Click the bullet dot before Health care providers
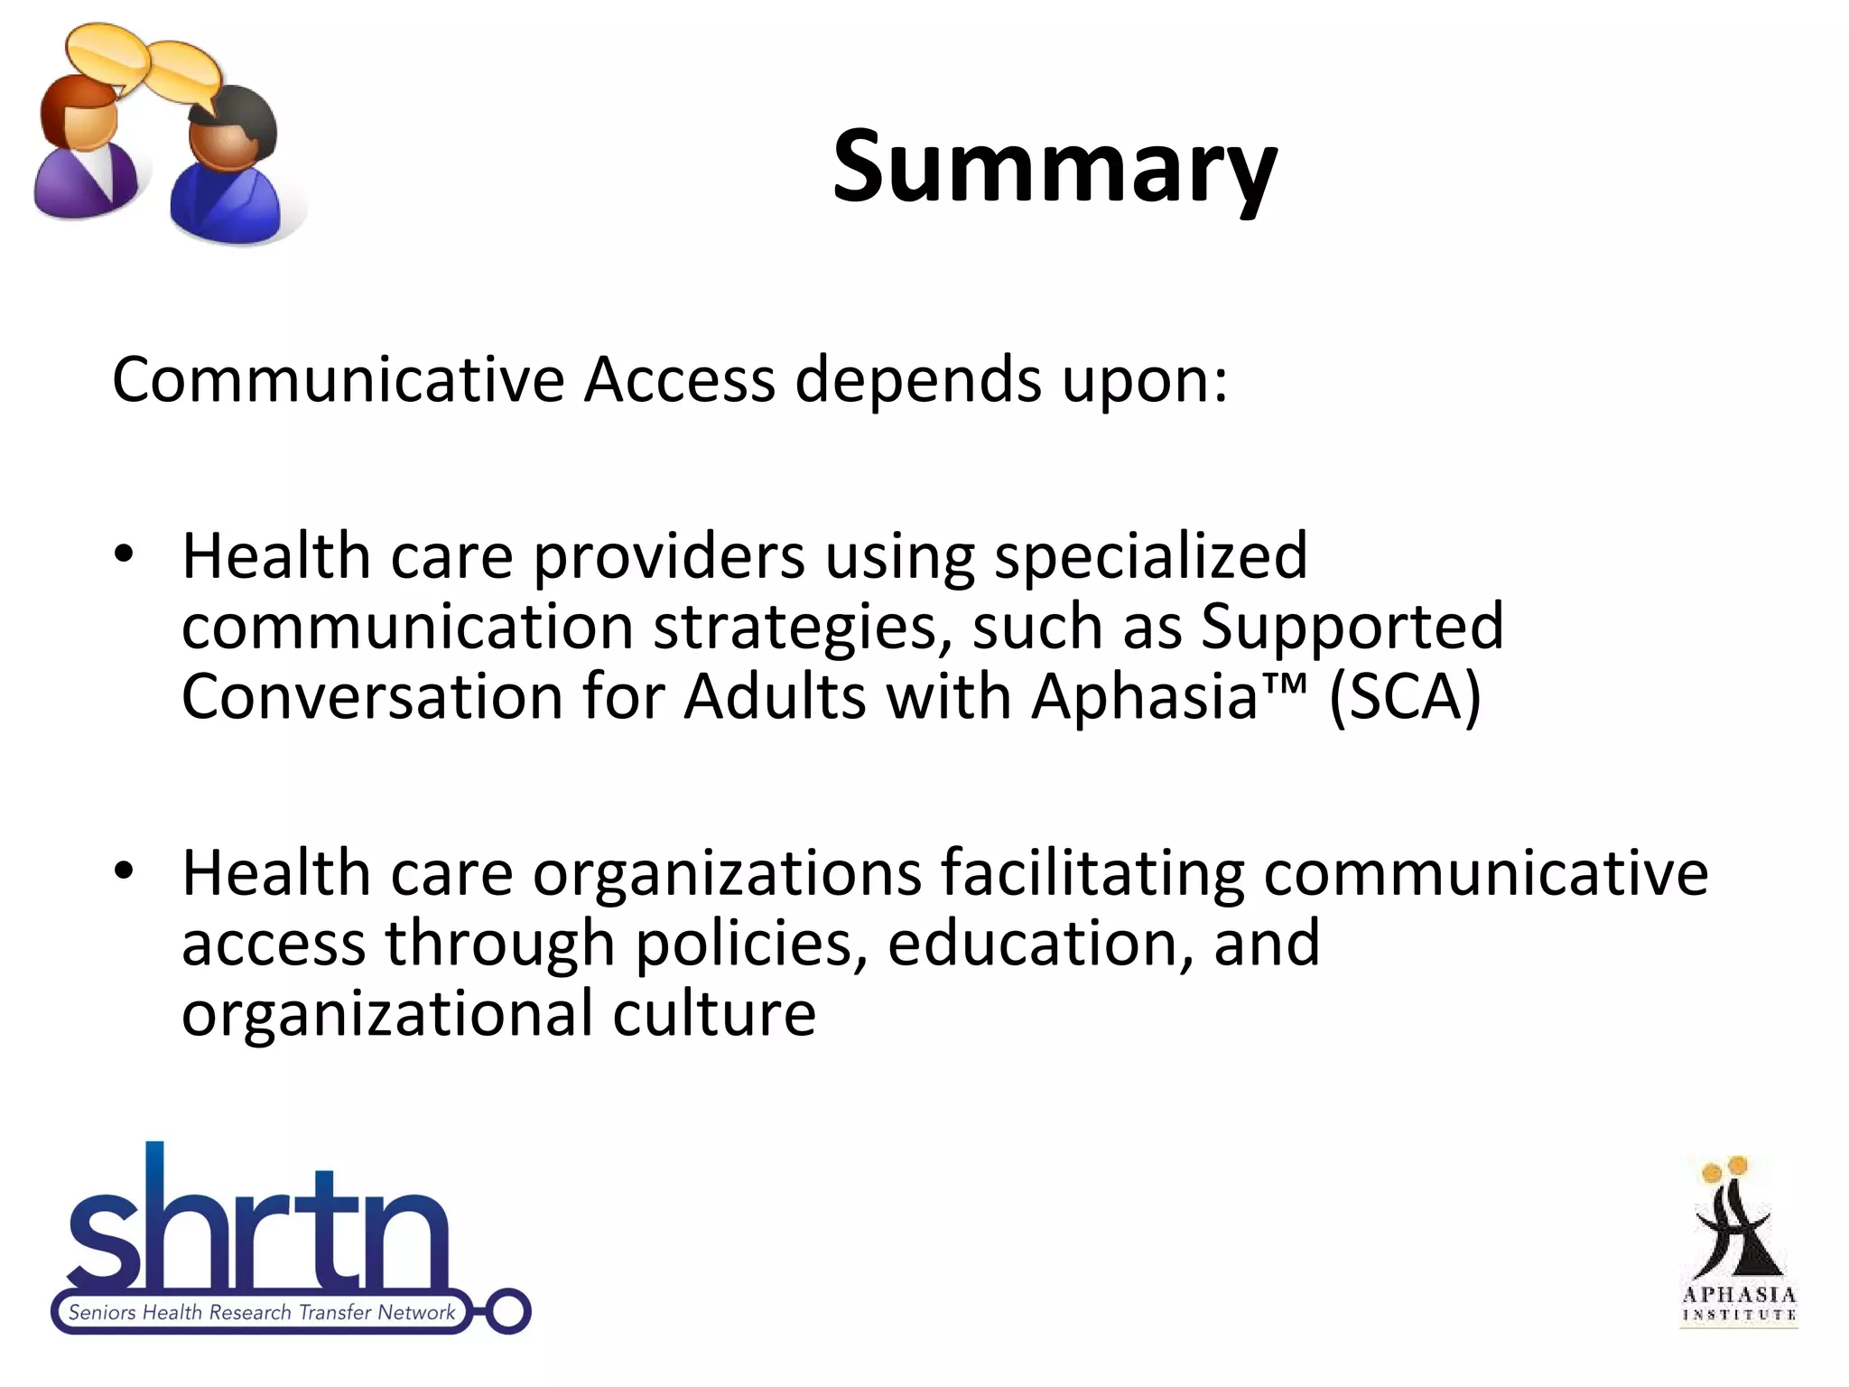[125, 554]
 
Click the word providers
[668, 557]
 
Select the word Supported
[1352, 626]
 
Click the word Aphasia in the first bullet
[1145, 696]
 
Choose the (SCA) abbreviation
[1405, 698]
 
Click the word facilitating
[1092, 874]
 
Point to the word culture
[714, 1013]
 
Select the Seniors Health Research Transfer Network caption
[262, 1312]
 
